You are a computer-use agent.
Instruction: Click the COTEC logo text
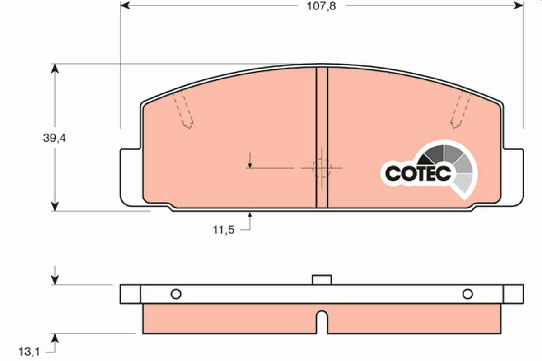(x=418, y=173)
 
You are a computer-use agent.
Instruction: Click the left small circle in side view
(x=176, y=294)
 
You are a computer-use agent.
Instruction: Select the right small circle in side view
(x=467, y=294)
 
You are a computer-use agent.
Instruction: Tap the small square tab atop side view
(x=322, y=280)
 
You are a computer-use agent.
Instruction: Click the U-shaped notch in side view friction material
(x=322, y=321)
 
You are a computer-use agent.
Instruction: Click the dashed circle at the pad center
(x=322, y=168)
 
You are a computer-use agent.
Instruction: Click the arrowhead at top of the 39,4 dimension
(x=55, y=69)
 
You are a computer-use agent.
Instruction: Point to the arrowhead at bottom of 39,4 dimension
(x=55, y=206)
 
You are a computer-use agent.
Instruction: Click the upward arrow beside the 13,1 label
(x=55, y=339)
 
